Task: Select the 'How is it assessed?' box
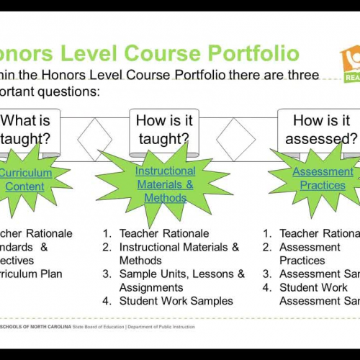tap(322, 130)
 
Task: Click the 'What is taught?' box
tap(29, 130)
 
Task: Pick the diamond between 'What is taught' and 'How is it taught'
tap(96, 135)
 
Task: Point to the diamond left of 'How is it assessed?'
tap(236, 135)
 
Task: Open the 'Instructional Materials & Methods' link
tap(165, 184)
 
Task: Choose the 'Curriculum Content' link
tap(25, 180)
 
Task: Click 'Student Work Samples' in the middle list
tap(176, 301)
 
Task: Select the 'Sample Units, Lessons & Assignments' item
tap(181, 281)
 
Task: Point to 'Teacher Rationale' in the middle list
tap(164, 233)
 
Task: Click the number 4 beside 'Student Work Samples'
tap(106, 301)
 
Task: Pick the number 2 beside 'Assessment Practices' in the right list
tap(266, 247)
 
